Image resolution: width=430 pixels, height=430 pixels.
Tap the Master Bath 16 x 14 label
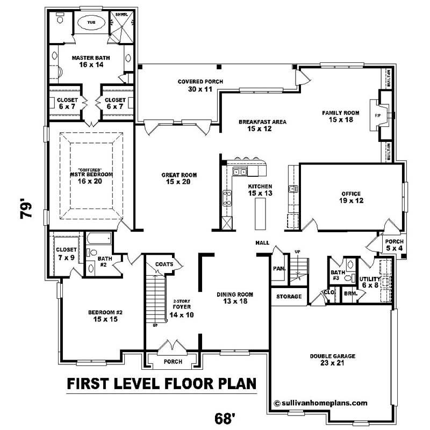(x=87, y=60)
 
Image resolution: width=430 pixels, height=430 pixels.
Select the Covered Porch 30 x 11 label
(x=200, y=85)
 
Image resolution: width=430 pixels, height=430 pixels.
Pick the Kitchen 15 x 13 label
(x=260, y=189)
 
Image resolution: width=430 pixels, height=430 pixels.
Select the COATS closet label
(x=163, y=264)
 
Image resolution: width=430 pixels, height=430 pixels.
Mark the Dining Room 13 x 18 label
(x=234, y=298)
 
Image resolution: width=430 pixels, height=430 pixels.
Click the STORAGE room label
(x=289, y=297)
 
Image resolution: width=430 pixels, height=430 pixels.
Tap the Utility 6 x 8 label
(x=370, y=282)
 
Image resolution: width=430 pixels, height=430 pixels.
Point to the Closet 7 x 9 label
(x=66, y=253)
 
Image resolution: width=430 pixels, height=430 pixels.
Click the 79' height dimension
(x=27, y=210)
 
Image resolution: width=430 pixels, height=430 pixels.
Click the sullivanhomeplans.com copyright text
(x=320, y=402)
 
